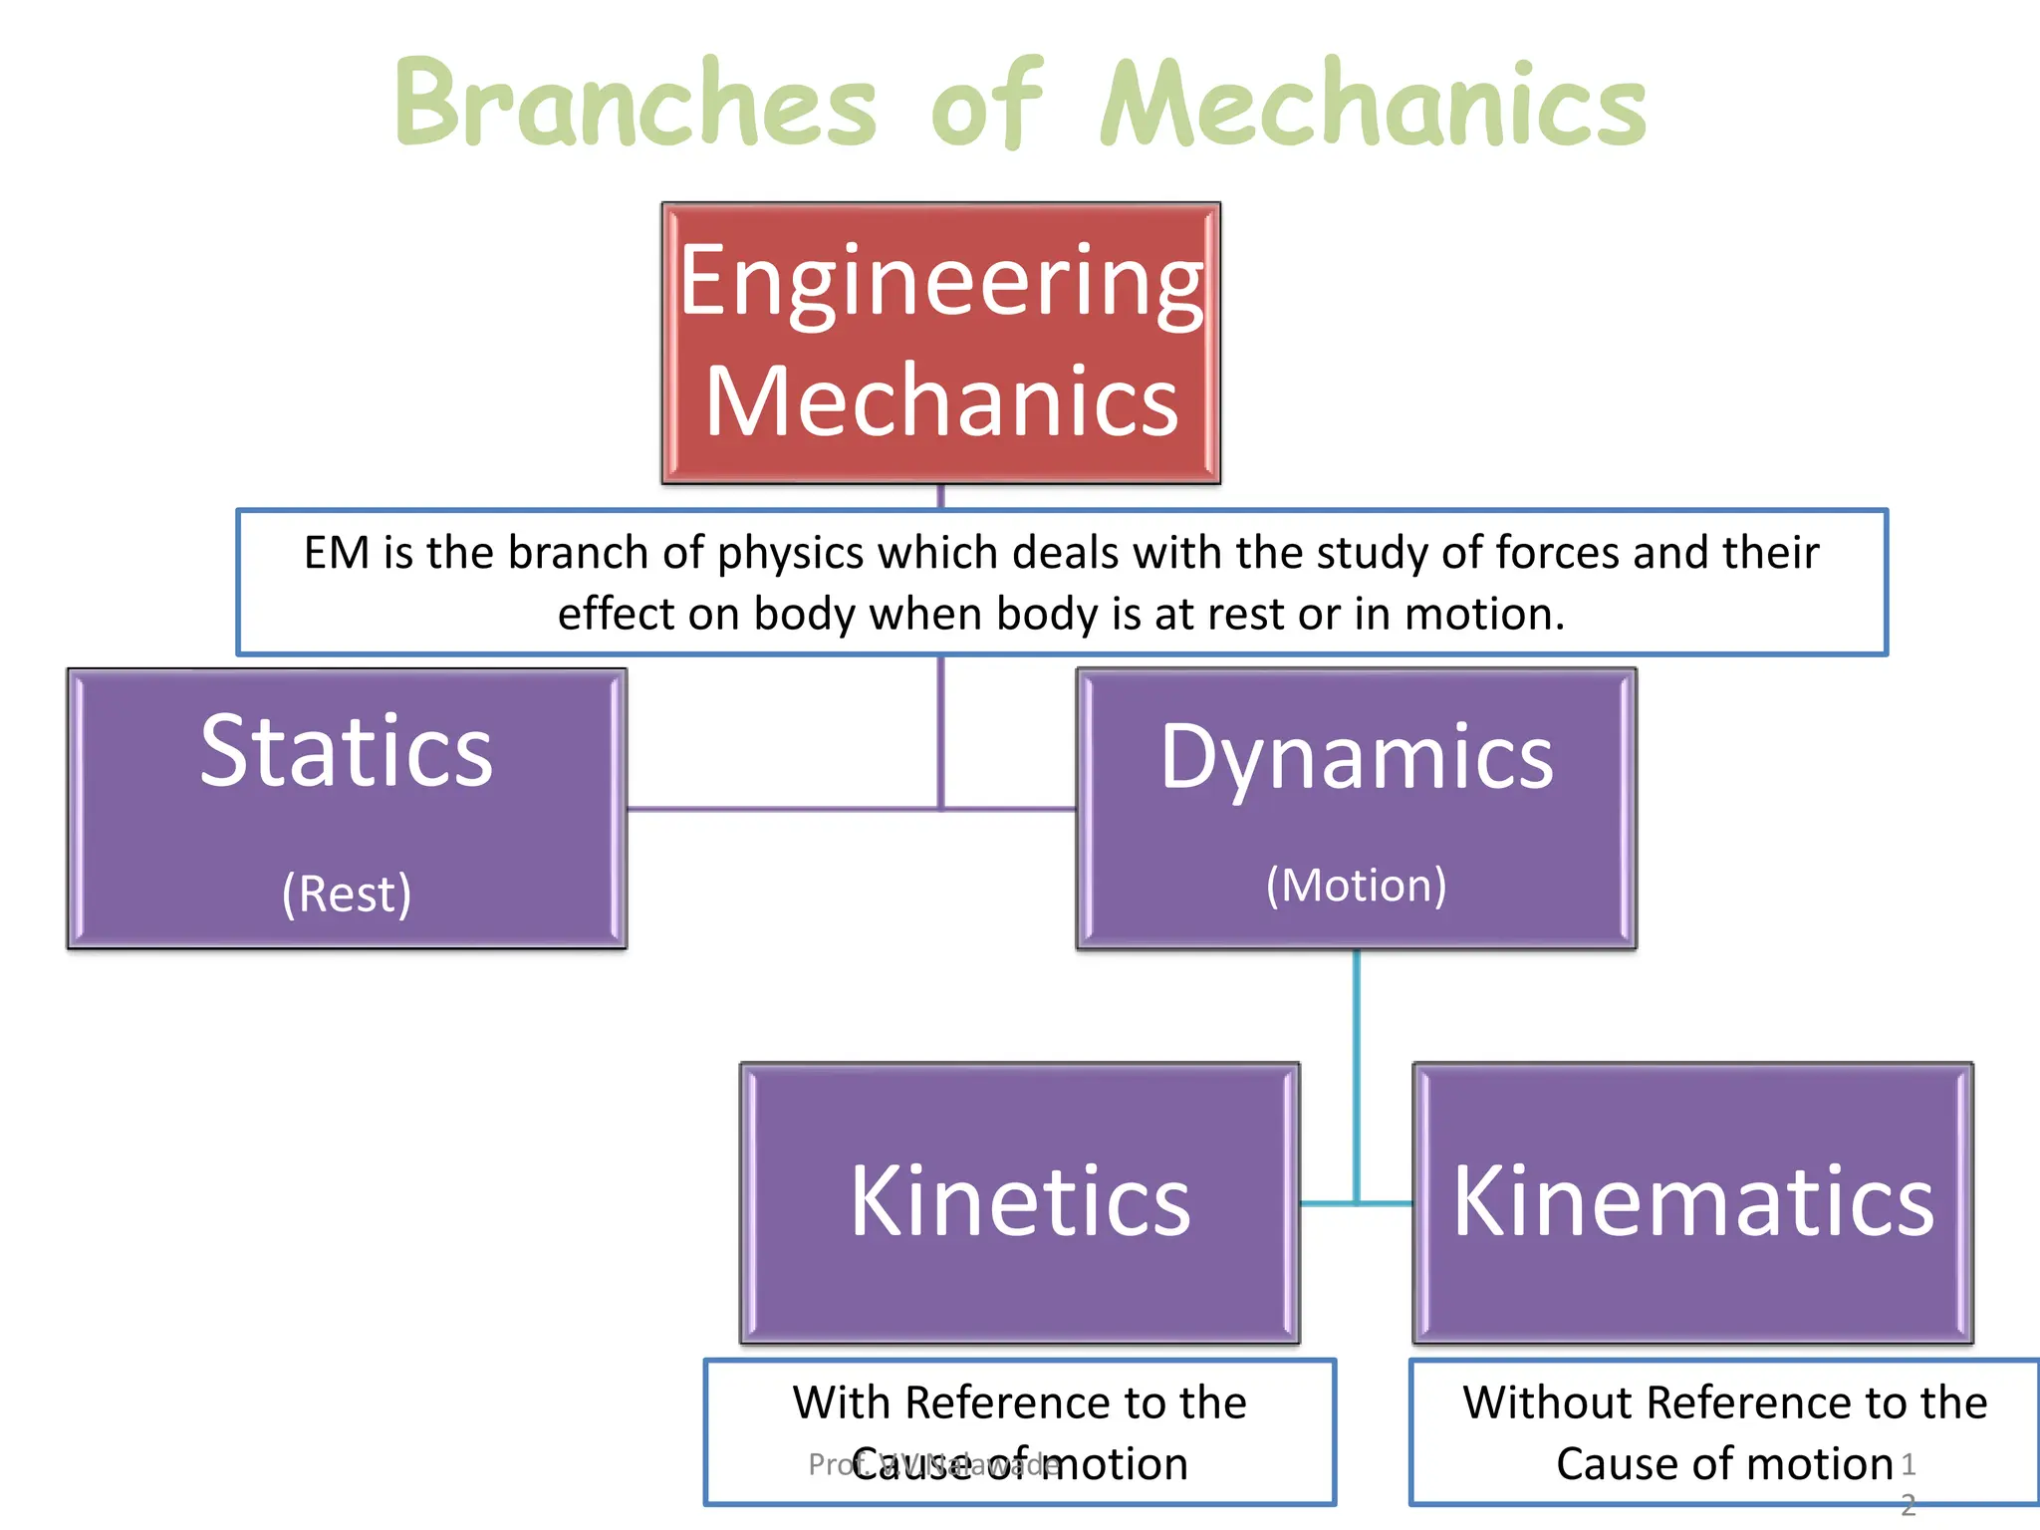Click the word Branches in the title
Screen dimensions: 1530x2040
[x=636, y=104]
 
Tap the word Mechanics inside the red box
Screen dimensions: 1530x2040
[x=941, y=401]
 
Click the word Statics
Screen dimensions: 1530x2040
[x=346, y=751]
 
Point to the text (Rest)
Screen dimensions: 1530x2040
[x=346, y=893]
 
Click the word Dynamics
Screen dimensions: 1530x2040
[x=1356, y=757]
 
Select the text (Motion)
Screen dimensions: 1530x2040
[x=1356, y=886]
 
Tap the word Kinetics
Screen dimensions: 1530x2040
[x=1019, y=1202]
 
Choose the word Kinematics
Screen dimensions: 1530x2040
[x=1692, y=1202]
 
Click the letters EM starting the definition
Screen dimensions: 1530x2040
[x=337, y=553]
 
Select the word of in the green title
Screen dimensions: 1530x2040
[x=986, y=104]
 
